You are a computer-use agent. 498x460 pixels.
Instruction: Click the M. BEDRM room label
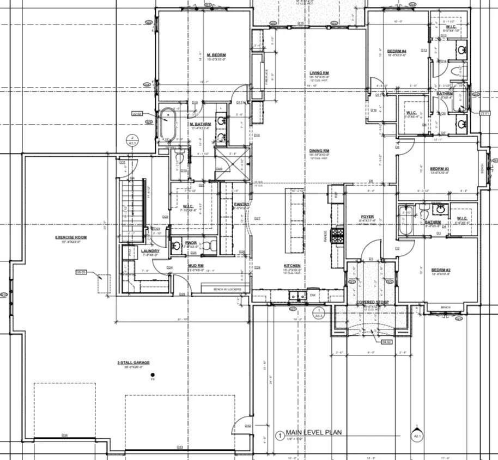tap(216, 55)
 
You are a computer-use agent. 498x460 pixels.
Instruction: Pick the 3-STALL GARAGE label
tap(133, 363)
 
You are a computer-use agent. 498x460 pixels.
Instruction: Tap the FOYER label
tap(367, 216)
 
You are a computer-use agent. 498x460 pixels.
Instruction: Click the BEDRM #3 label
tap(439, 168)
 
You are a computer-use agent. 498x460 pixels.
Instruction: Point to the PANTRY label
tap(241, 204)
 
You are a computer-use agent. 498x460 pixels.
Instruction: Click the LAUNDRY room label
tap(150, 251)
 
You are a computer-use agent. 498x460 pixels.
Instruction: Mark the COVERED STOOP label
tap(372, 301)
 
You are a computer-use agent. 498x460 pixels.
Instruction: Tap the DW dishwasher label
tap(312, 296)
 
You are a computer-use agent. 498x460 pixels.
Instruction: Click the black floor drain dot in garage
tap(153, 375)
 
